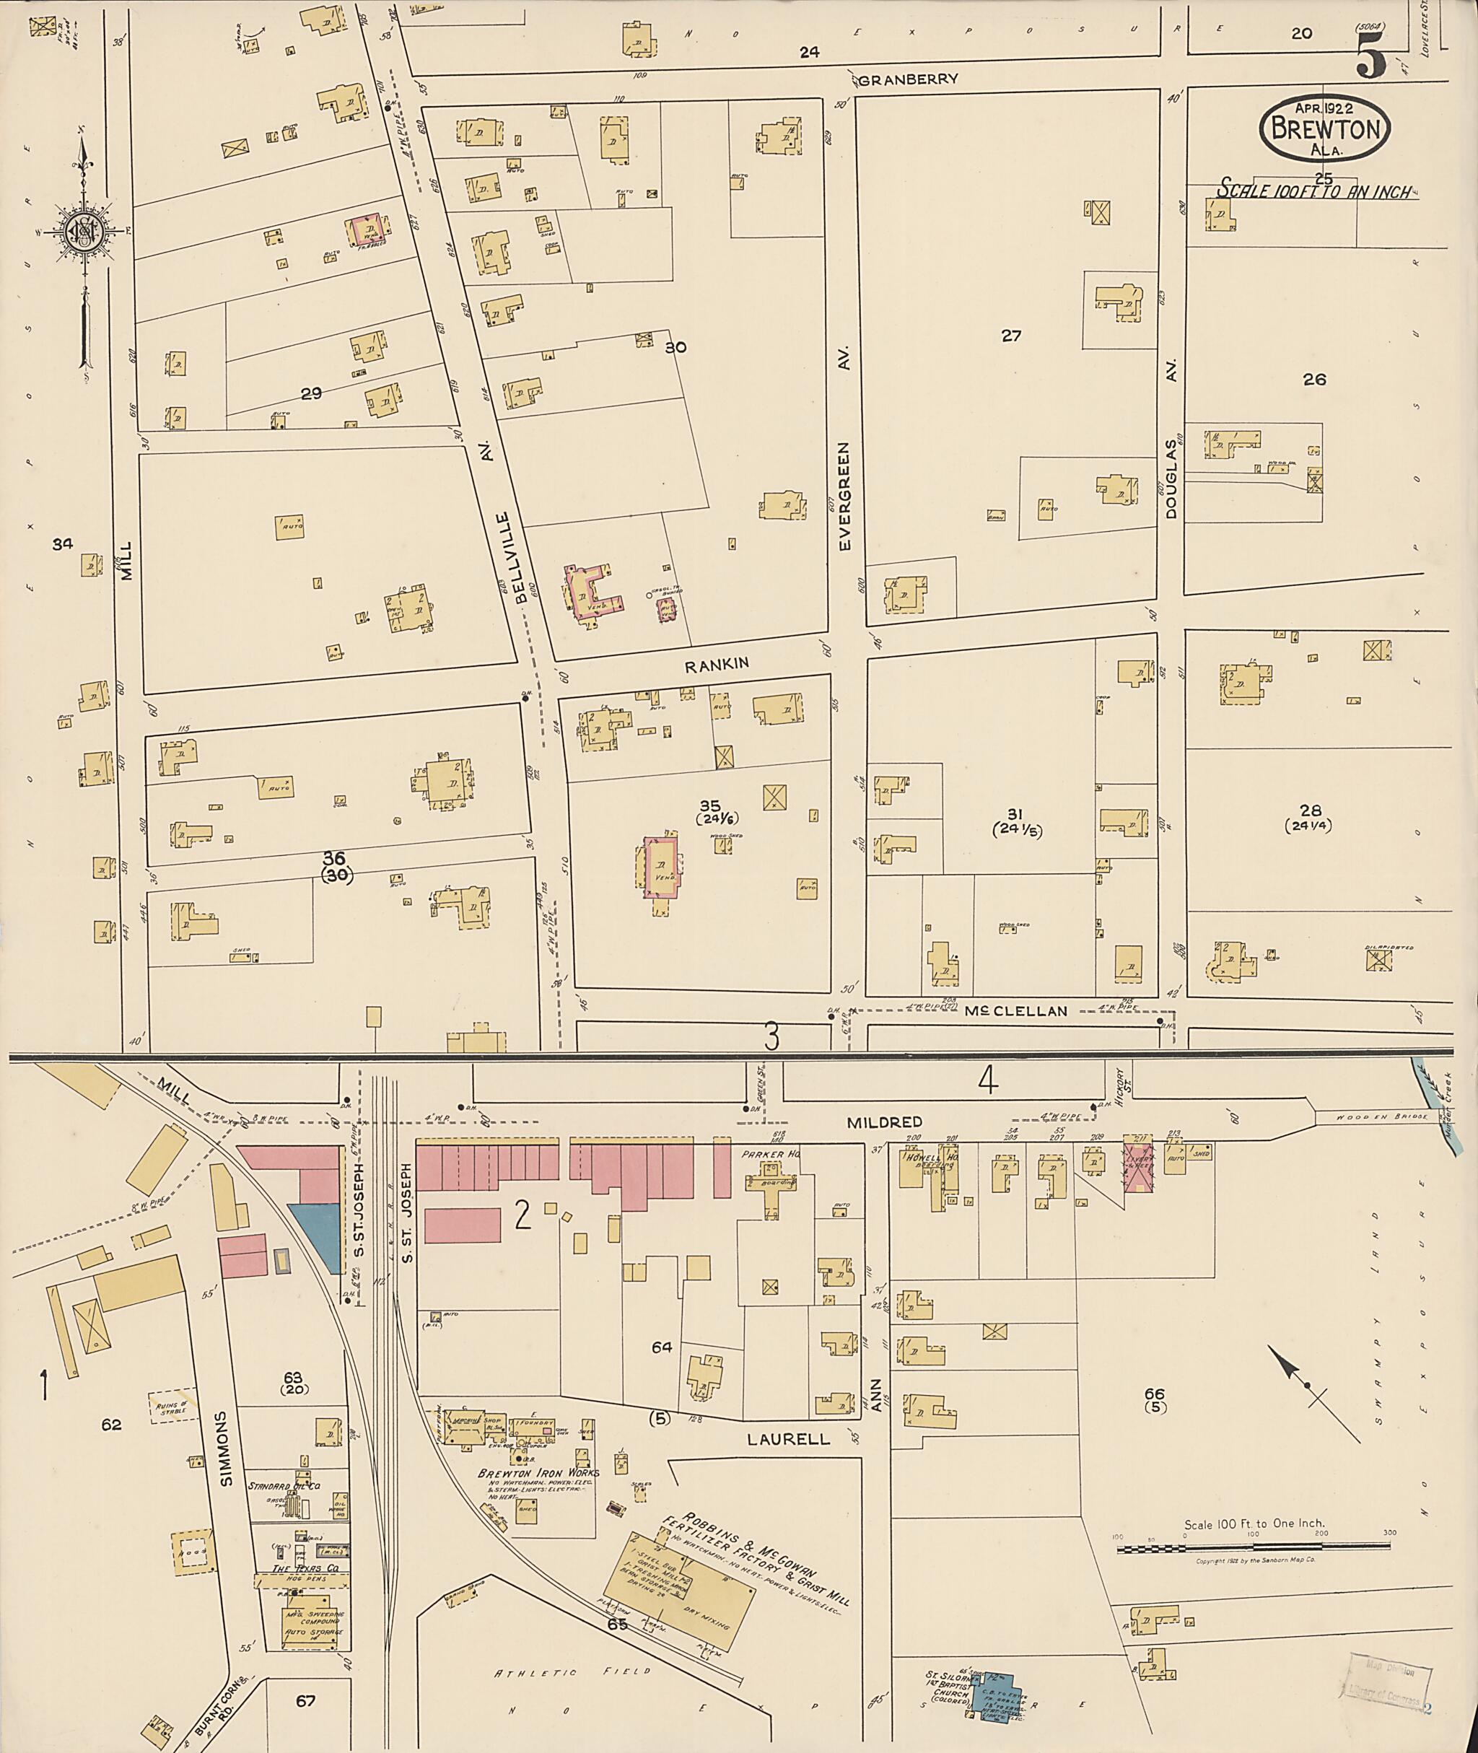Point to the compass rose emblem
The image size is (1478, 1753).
click(x=85, y=229)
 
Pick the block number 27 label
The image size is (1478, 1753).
click(x=1011, y=336)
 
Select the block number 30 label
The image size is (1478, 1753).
click(x=675, y=347)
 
